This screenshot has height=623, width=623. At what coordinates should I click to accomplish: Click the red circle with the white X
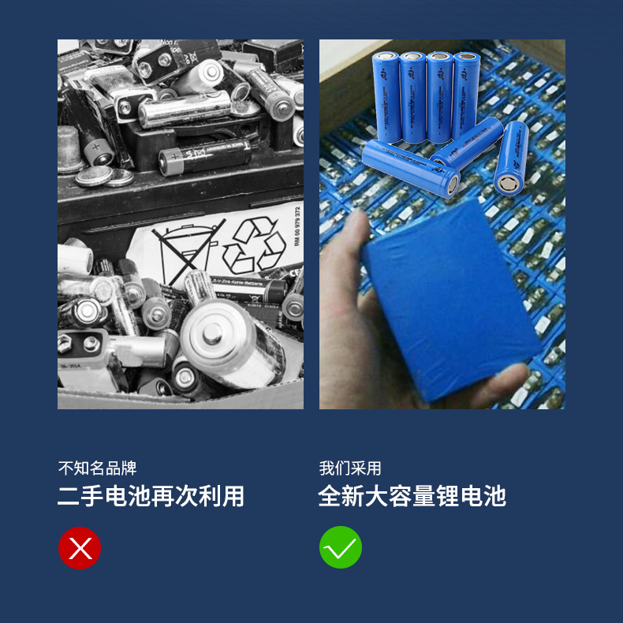click(80, 547)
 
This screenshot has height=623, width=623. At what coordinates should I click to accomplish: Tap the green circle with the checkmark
click(341, 547)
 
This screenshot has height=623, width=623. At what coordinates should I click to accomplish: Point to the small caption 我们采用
click(350, 468)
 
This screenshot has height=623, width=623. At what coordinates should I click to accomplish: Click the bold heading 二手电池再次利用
click(151, 496)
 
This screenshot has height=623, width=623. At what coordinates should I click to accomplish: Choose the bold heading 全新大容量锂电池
click(412, 496)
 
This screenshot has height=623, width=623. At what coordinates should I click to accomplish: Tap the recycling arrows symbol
click(254, 245)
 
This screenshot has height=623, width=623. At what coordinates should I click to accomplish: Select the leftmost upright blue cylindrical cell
click(388, 95)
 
